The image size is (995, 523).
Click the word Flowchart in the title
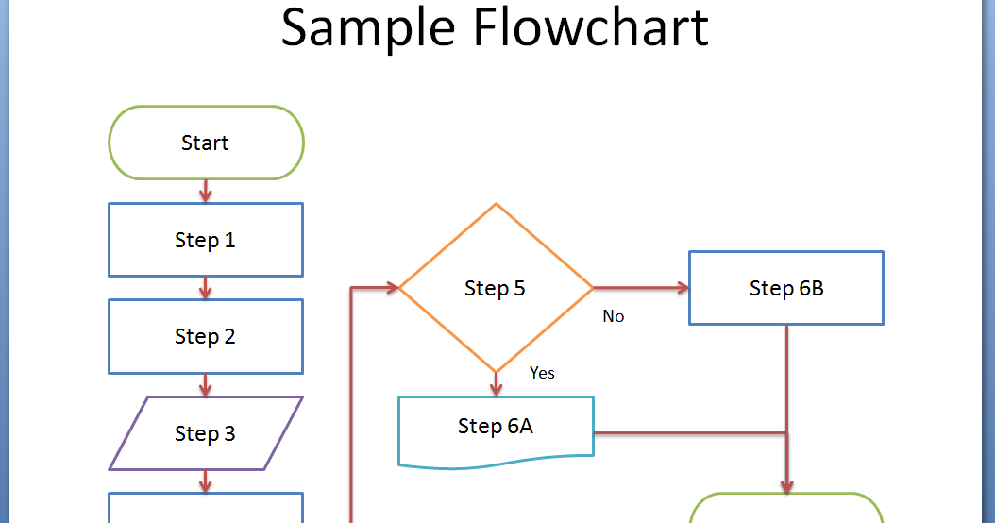coord(590,28)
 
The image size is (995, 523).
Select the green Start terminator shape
coord(206,143)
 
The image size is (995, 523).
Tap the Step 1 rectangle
coord(206,240)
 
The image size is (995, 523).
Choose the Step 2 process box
coord(206,336)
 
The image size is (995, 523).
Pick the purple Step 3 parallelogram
coord(206,433)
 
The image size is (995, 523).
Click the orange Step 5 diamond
coord(496,288)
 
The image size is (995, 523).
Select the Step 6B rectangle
coord(786,288)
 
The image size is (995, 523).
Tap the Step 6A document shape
coord(496,428)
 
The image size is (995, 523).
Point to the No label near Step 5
coord(614,316)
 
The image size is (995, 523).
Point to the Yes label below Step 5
coord(542,373)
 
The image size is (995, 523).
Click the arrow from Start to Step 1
coord(206,191)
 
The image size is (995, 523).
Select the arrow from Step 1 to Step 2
coord(206,288)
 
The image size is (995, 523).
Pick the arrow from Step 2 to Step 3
coord(206,384)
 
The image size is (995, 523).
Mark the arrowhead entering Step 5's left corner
coord(389,288)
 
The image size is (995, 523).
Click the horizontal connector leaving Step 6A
coord(689,433)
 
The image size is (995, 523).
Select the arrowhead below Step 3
coord(206,483)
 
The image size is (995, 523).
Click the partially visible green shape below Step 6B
coord(786,509)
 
